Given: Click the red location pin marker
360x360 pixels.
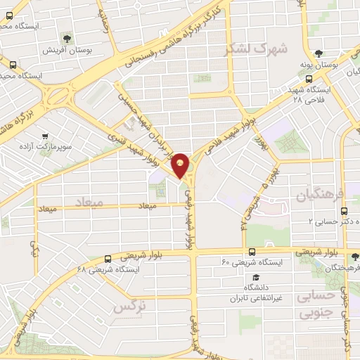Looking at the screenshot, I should [x=181, y=165].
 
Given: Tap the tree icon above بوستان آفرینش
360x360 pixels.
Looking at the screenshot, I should [x=67, y=38].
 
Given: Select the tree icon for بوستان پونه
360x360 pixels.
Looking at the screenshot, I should [x=319, y=53].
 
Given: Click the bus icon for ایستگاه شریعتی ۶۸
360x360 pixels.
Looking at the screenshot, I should [x=108, y=258].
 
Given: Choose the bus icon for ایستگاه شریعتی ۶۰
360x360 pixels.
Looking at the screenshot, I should [x=251, y=252].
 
